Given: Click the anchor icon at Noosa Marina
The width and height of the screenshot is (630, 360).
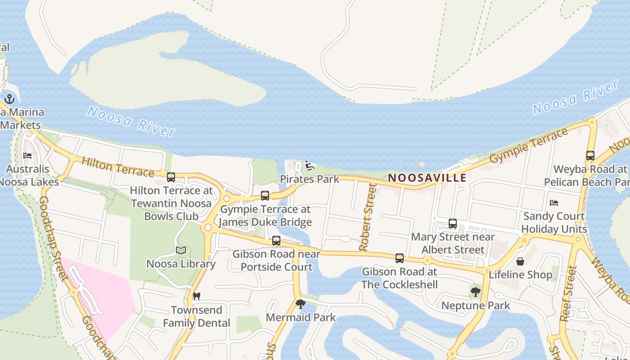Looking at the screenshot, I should click(x=9, y=99).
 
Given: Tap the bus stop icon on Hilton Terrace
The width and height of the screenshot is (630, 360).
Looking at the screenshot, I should click(x=171, y=177).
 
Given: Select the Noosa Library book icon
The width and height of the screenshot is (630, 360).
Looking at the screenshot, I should click(x=181, y=250).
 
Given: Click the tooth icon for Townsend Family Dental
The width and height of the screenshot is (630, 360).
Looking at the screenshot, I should click(x=196, y=297).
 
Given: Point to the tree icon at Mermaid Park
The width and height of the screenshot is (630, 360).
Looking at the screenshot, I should click(x=300, y=304).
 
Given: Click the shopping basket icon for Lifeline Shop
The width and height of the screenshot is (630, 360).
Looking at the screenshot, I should click(x=520, y=261).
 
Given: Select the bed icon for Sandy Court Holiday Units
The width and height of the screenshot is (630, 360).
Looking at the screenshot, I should click(x=554, y=203).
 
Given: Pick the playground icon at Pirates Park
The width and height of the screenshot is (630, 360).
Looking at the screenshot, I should click(x=309, y=166).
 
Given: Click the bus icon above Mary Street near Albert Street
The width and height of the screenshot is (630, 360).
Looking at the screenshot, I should click(x=453, y=224).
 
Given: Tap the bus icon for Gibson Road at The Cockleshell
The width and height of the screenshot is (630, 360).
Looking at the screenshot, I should click(x=399, y=258).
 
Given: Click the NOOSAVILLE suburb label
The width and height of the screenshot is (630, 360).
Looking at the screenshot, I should click(x=427, y=178).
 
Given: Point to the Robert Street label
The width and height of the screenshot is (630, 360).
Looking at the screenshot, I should click(x=367, y=217).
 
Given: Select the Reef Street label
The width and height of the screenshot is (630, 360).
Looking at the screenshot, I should click(x=568, y=293).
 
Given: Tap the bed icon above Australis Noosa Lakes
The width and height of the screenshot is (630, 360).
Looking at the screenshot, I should click(x=27, y=156).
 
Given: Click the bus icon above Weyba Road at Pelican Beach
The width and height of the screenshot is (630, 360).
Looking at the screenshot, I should click(x=590, y=156).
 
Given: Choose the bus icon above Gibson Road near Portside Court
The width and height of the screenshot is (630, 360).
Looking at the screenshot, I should click(x=276, y=241).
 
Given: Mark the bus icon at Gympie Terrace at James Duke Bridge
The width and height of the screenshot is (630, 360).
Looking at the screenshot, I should click(x=265, y=196).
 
